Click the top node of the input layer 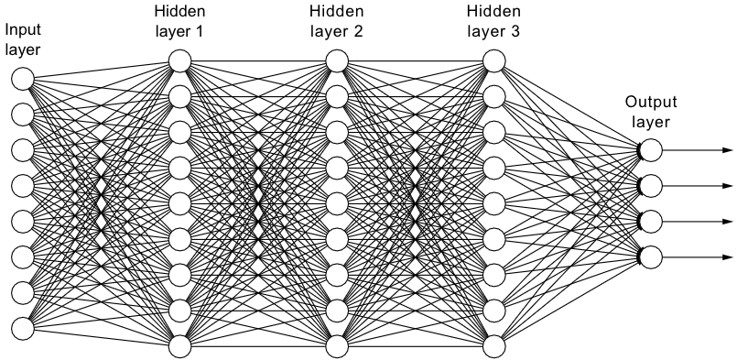click(23, 78)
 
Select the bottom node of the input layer click(23, 327)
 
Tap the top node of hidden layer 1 click(179, 61)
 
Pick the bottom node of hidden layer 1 click(179, 346)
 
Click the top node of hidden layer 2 click(337, 61)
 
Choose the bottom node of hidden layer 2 click(337, 346)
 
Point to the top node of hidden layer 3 click(494, 61)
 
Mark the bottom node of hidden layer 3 click(494, 346)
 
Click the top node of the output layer click(651, 149)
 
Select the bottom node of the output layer click(651, 256)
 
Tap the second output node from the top click(651, 186)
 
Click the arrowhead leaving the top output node click(727, 149)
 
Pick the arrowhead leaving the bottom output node click(727, 256)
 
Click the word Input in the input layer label click(23, 29)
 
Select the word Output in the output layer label click(650, 104)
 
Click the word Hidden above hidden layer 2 click(336, 11)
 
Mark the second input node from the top click(23, 114)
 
